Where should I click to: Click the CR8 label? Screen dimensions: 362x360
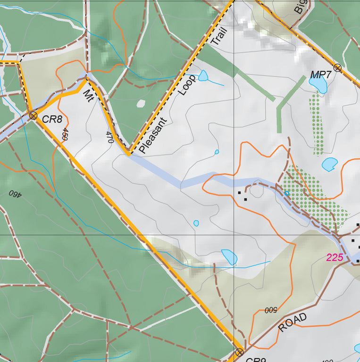point(52,119)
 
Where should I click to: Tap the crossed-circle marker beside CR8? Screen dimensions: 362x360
point(33,115)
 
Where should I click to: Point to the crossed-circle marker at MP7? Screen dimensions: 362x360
point(337,68)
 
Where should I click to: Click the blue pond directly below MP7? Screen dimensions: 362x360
point(319,85)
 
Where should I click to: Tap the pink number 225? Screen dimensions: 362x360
point(335,257)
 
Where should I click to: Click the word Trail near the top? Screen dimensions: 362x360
point(218,36)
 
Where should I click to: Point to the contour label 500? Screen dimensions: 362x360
point(270,310)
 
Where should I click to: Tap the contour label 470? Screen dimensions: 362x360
point(109,138)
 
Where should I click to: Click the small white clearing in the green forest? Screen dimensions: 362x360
point(140,103)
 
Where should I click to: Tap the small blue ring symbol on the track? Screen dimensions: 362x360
point(286,193)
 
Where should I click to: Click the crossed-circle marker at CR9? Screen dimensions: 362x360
point(239,352)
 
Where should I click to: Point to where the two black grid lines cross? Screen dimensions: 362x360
point(234,234)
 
